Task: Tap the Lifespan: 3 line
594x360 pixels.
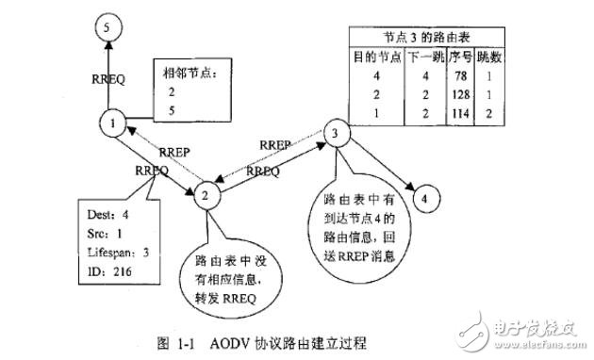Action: [x=108, y=252]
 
